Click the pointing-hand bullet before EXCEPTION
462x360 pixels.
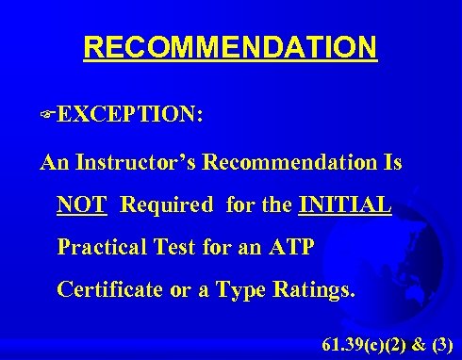pyautogui.click(x=47, y=115)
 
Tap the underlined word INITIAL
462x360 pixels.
pyautogui.click(x=344, y=205)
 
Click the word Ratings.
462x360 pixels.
pyautogui.click(x=314, y=289)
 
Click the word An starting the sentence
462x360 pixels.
pyautogui.click(x=55, y=162)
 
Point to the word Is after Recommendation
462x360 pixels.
pyautogui.click(x=392, y=162)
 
